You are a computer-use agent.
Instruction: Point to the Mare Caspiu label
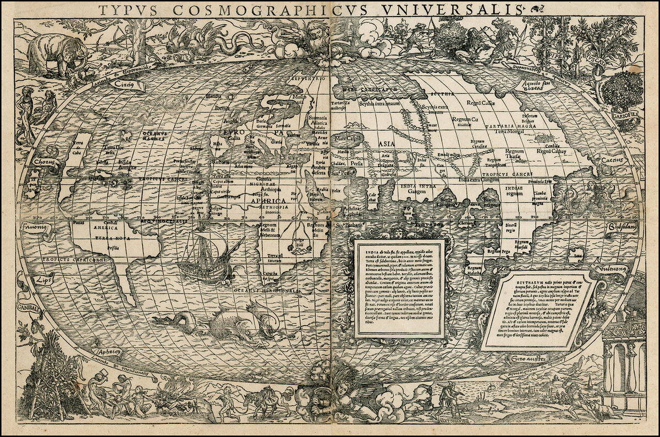pos(348,139)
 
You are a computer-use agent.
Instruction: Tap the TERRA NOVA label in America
pos(109,238)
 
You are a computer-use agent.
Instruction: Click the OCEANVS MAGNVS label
pos(155,136)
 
